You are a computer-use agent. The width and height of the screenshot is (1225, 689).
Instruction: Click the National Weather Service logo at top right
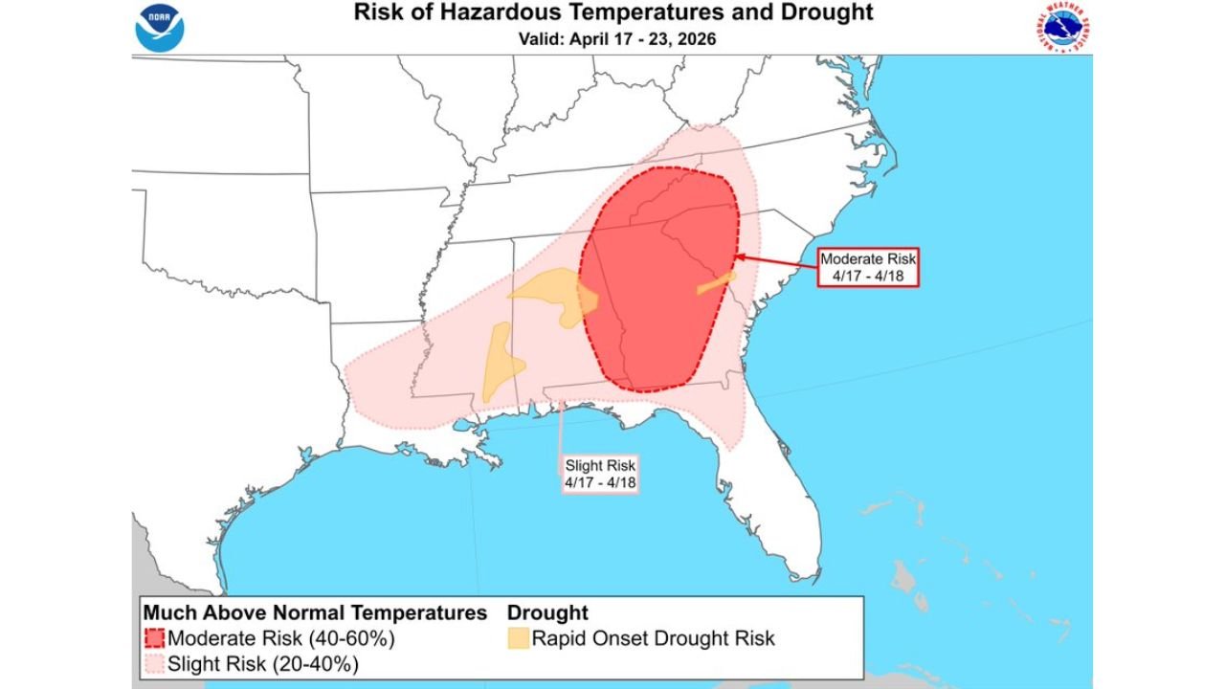coord(1063,28)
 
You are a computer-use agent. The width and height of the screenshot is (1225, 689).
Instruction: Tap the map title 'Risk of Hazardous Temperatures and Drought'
coord(613,13)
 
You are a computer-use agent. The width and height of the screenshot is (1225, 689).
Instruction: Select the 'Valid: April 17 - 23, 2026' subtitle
coord(613,39)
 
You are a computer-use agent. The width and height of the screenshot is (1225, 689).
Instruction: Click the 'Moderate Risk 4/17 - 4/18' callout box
coord(868,267)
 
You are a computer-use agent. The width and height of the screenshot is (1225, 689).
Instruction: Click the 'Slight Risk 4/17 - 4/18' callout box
coord(600,473)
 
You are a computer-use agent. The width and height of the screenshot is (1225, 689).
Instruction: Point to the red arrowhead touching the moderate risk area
coord(739,256)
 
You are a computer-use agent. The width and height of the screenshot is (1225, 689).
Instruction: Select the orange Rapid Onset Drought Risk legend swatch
coord(518,638)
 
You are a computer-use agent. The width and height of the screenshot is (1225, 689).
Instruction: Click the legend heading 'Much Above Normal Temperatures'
coord(315,612)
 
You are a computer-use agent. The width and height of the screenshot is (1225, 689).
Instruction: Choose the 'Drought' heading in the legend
coord(547,612)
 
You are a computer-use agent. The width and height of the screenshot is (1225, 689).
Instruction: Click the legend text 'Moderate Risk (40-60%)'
coord(280,638)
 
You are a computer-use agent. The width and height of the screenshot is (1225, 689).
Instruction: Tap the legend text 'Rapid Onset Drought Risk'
coord(653,638)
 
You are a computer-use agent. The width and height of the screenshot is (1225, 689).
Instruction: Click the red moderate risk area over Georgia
coord(660,306)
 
